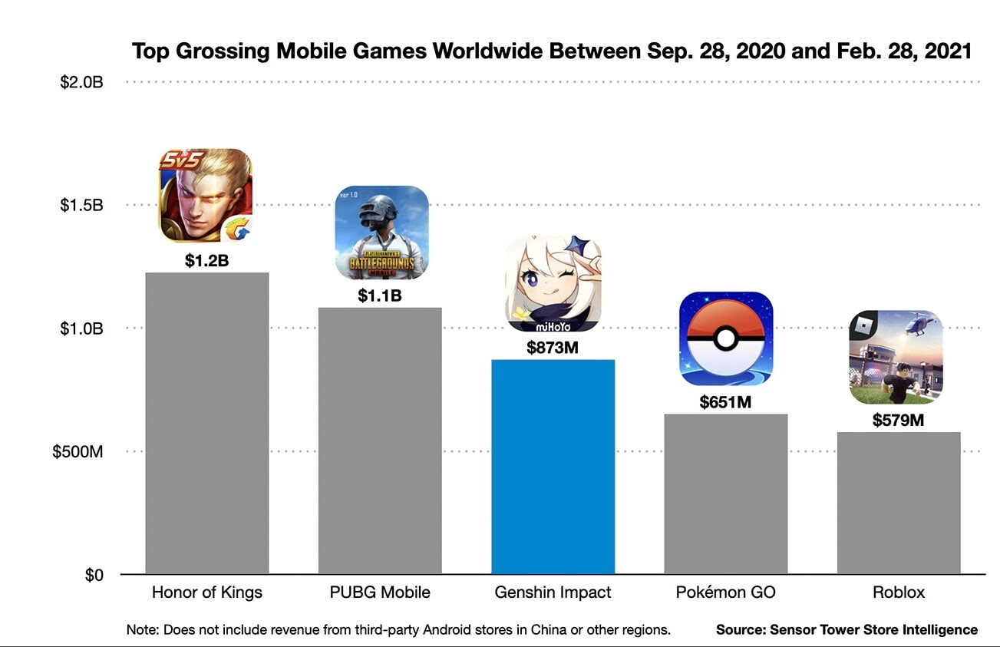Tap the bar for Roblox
point(899,503)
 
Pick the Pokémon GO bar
point(725,494)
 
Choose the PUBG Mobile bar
point(380,441)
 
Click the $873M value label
point(553,348)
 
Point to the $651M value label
point(725,401)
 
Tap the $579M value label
point(898,420)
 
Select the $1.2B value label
point(207,261)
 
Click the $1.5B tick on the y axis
point(81,206)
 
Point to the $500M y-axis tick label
point(78,452)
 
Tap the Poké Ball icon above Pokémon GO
point(726,338)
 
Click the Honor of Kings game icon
point(206,195)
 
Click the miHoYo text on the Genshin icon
point(553,325)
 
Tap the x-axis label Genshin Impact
point(553,593)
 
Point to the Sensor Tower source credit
point(847,630)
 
